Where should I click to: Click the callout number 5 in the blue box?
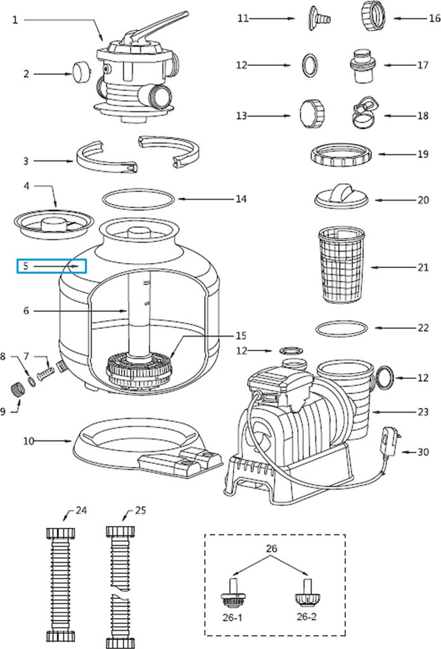pyautogui.click(x=25, y=267)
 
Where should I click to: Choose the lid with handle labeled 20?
pyautogui.click(x=342, y=193)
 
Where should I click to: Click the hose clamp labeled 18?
pyautogui.click(x=364, y=112)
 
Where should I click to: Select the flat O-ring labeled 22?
pyautogui.click(x=341, y=329)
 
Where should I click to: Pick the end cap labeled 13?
pyautogui.click(x=313, y=113)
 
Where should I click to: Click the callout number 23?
pyautogui.click(x=423, y=411)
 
